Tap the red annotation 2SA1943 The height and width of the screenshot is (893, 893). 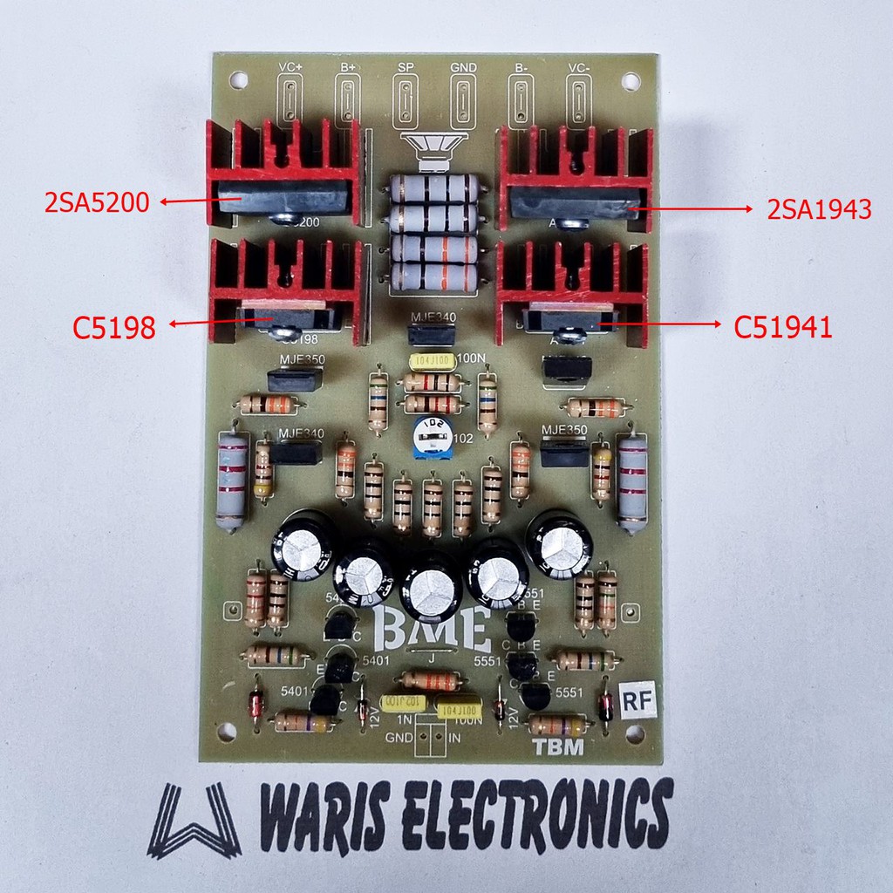(819, 209)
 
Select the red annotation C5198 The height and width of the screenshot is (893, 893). (114, 327)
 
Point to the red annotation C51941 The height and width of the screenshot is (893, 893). (782, 327)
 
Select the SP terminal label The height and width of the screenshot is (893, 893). (405, 67)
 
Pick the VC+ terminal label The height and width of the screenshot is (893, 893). (290, 67)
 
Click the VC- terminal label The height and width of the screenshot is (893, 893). (579, 67)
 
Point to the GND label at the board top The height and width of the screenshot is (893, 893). (463, 67)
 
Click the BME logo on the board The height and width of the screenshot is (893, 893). (431, 628)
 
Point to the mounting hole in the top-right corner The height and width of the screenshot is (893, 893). (628, 82)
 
